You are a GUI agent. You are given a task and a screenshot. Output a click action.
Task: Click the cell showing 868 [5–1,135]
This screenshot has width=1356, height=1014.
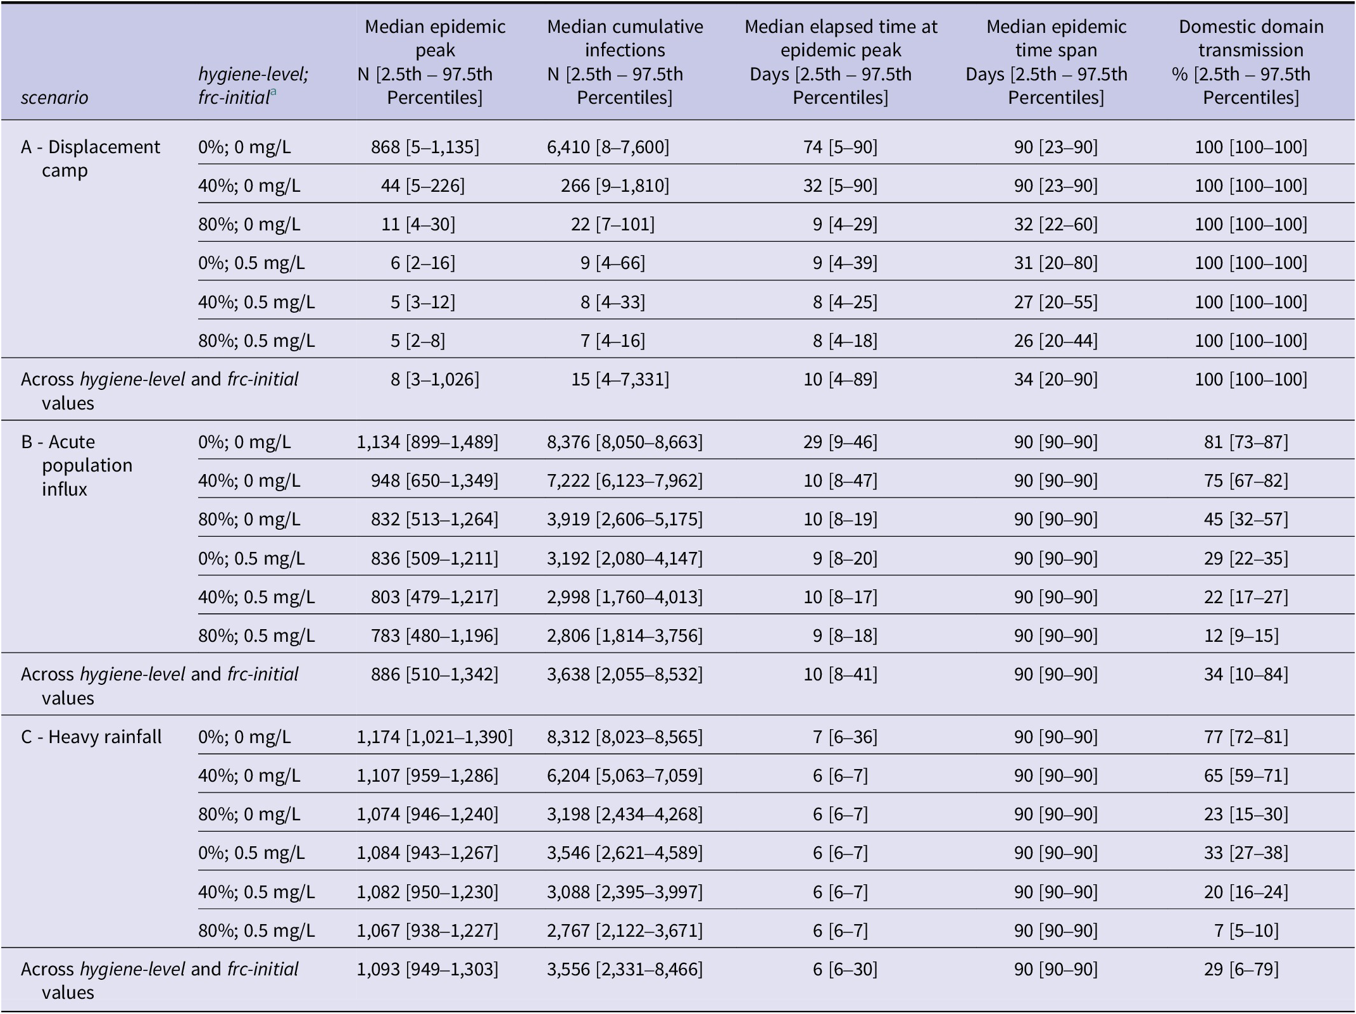[x=425, y=147]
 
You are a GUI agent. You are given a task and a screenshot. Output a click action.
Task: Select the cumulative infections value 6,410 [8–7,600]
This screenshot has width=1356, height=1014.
[x=608, y=147]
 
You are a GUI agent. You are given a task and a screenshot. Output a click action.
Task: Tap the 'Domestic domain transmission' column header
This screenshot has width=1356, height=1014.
[x=1251, y=62]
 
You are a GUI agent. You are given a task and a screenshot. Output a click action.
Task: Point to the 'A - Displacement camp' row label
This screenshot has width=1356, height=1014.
[x=91, y=158]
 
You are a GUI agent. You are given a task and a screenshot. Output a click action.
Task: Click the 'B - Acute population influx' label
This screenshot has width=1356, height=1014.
[x=77, y=465]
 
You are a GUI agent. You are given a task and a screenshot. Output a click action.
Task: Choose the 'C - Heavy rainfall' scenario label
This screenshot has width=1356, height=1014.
[x=91, y=737]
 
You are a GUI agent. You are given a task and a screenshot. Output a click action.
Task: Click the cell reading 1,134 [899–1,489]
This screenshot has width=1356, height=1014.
[x=427, y=442]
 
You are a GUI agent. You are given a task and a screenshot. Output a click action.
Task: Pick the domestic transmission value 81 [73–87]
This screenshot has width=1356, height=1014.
[x=1246, y=442]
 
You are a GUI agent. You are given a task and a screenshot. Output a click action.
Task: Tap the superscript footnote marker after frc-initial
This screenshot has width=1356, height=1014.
[x=273, y=92]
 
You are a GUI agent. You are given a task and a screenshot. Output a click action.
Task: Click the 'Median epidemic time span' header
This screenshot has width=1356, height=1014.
[x=1056, y=62]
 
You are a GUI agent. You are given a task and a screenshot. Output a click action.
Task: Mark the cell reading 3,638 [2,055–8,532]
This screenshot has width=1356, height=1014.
[x=625, y=673]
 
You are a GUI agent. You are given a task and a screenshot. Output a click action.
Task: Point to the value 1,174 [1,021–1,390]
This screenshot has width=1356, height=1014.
[x=435, y=737]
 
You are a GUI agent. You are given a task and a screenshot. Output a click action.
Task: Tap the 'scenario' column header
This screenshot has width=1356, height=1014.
[x=54, y=97]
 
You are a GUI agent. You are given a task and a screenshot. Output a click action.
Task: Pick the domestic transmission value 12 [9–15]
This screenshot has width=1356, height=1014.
[x=1241, y=635]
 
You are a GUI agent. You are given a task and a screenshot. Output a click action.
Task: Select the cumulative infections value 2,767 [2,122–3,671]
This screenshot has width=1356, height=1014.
[x=625, y=930]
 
